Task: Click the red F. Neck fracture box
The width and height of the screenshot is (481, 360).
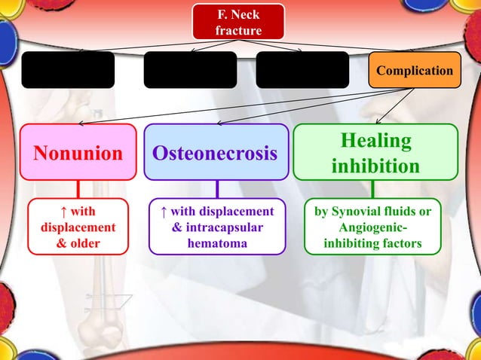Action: tap(238, 21)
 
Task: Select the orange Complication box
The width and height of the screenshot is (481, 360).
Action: tap(414, 70)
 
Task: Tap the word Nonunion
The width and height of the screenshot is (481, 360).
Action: tap(78, 154)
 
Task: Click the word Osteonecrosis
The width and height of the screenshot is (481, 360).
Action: tap(216, 154)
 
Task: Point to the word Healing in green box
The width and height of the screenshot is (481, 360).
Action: tap(375, 141)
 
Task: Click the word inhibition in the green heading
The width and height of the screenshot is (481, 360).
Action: tap(375, 166)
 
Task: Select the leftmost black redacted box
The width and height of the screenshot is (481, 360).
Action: tap(68, 70)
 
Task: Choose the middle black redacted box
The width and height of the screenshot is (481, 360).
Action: tap(190, 70)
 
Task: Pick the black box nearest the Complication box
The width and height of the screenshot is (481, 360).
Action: tap(302, 70)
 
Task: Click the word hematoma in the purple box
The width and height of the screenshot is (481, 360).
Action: tap(217, 243)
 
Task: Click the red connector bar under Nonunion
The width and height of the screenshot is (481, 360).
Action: tap(78, 189)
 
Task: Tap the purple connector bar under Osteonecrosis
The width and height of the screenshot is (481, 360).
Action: tap(216, 189)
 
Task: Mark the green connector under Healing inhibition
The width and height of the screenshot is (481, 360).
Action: tap(375, 189)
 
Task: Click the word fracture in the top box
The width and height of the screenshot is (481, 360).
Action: tap(238, 31)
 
